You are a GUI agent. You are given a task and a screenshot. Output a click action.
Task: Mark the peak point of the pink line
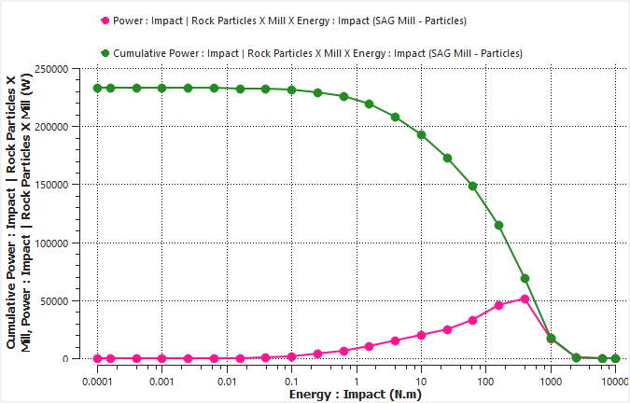click(525, 299)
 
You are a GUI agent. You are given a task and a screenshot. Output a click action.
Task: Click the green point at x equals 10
click(421, 134)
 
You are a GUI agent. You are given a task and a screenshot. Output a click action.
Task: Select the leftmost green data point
click(97, 88)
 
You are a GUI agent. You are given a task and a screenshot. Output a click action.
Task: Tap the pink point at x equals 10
click(421, 335)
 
